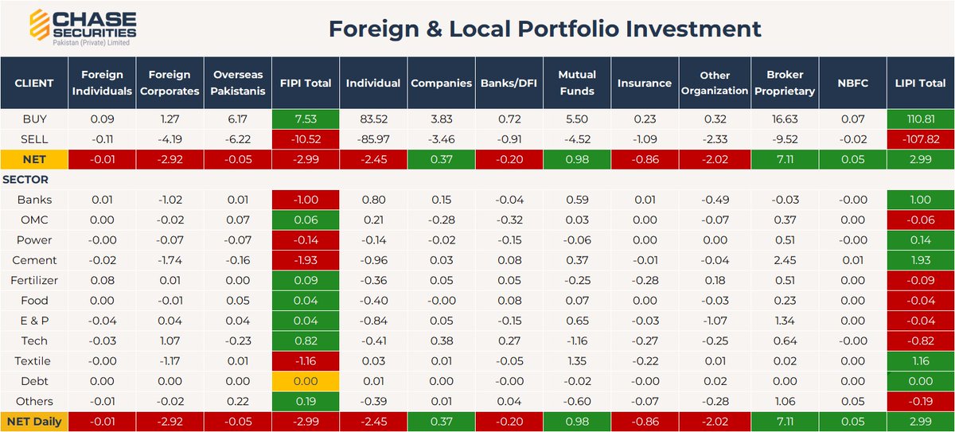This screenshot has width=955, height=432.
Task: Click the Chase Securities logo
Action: point(83,27)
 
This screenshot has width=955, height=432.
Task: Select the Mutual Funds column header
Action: point(577,83)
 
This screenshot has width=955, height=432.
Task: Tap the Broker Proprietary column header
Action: point(785,83)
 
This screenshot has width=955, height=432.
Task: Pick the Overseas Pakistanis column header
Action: point(238,83)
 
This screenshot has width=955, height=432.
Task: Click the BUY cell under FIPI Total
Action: point(306,119)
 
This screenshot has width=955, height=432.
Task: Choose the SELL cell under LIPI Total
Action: point(921,139)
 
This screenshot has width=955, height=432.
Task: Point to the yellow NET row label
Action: point(34,159)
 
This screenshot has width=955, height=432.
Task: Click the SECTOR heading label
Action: point(25,179)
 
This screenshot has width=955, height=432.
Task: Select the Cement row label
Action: point(34,260)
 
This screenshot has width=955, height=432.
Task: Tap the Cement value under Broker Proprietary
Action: point(785,260)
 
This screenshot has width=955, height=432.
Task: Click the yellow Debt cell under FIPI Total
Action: point(306,381)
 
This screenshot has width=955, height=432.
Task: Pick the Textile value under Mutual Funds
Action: point(577,361)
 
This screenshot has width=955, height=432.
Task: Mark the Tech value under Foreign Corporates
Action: point(170,341)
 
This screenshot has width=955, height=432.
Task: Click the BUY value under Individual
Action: point(373,119)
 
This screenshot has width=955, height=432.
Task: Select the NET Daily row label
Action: point(34,422)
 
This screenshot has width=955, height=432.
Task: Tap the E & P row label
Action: point(34,321)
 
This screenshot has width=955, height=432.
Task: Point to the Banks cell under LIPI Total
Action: point(921,200)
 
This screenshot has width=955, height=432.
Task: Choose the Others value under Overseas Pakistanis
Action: point(238,401)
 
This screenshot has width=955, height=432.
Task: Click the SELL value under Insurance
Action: point(645,139)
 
